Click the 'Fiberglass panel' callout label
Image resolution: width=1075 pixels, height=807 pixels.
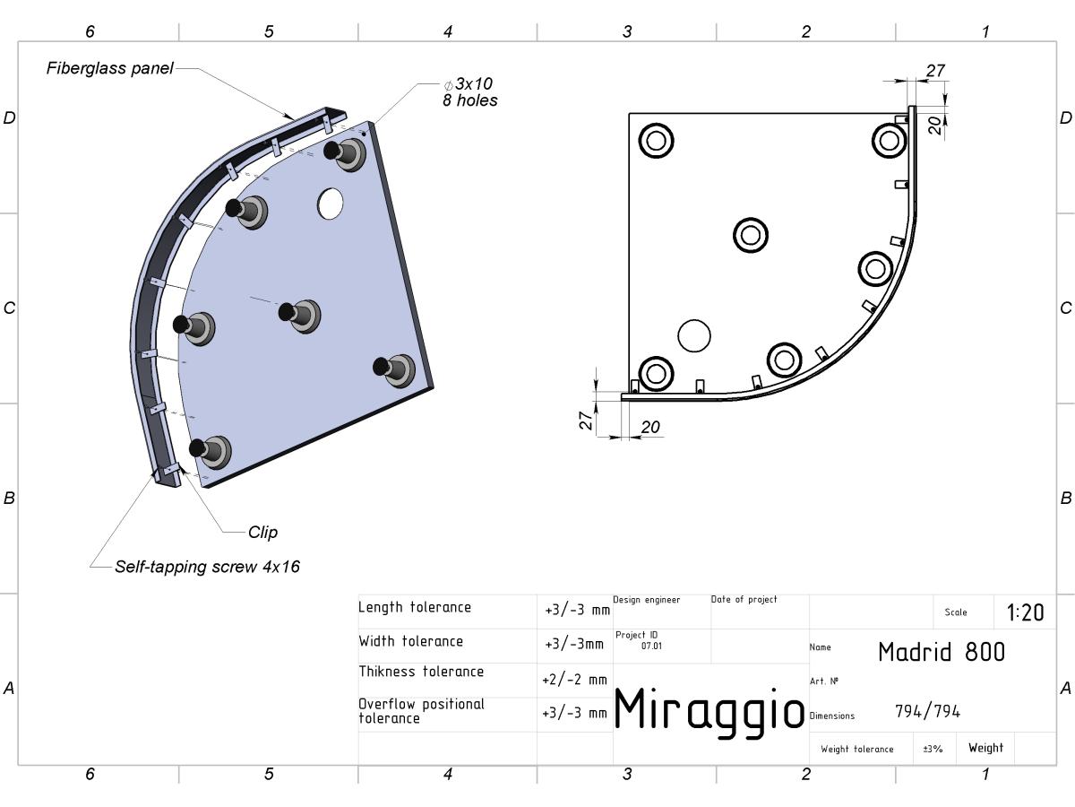(x=109, y=68)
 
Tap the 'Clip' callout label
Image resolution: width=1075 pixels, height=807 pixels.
(x=262, y=532)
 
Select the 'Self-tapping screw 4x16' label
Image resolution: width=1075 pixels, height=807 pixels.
(x=207, y=567)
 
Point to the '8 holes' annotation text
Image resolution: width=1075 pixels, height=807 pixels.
(x=470, y=100)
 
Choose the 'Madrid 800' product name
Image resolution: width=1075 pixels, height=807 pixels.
(x=942, y=652)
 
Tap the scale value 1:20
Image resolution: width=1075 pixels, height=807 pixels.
(x=1025, y=612)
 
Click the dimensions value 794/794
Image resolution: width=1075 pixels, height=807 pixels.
(x=927, y=711)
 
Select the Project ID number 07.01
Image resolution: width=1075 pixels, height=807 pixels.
(x=651, y=646)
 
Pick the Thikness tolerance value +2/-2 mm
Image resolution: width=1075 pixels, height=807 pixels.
(x=574, y=680)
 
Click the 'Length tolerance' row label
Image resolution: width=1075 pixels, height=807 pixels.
(x=415, y=608)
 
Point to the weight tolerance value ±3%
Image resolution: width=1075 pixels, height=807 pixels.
(x=933, y=750)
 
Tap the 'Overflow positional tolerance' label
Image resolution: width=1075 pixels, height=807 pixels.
(x=421, y=711)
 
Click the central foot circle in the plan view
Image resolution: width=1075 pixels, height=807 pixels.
(x=751, y=235)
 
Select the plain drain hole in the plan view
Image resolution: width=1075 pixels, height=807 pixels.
(x=694, y=336)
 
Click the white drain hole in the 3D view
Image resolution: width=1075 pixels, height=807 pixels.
(x=330, y=204)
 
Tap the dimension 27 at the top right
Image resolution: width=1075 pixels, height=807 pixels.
(x=935, y=71)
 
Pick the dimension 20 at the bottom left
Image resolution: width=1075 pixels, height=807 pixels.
(x=650, y=428)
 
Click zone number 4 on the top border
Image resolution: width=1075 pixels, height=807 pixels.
(x=448, y=32)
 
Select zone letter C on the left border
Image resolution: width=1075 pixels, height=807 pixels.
(x=9, y=308)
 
